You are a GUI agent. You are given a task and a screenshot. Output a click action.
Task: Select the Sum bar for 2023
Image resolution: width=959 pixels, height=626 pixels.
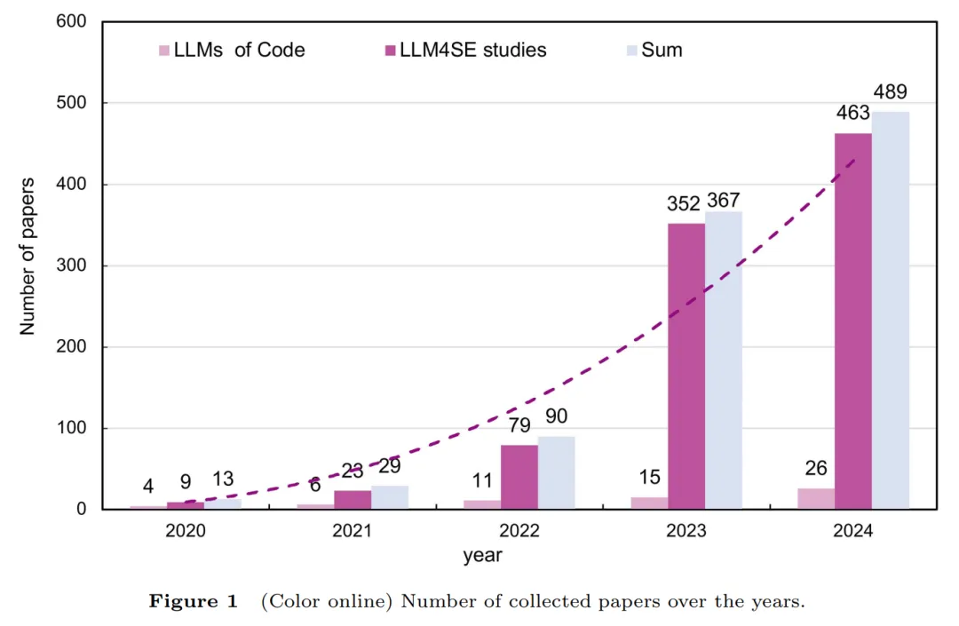(724, 361)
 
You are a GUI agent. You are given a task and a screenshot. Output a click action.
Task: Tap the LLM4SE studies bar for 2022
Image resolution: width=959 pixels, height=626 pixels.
(519, 477)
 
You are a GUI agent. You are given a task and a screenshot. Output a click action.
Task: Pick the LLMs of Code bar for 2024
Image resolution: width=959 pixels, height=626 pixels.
(816, 499)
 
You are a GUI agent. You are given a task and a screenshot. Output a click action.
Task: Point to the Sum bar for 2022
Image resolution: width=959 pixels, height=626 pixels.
(557, 472)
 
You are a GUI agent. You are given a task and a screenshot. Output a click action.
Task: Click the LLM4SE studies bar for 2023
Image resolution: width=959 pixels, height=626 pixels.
(686, 366)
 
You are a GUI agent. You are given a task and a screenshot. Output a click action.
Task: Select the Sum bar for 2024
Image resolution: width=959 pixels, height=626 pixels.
(890, 311)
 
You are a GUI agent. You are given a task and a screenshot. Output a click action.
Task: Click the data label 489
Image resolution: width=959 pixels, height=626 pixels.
(890, 92)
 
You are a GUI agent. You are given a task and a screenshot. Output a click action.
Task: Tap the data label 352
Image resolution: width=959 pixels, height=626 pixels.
(685, 203)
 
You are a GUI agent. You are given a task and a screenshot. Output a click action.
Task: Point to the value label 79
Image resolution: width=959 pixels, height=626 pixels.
(519, 425)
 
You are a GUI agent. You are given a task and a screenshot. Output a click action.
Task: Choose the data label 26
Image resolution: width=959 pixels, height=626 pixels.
(816, 468)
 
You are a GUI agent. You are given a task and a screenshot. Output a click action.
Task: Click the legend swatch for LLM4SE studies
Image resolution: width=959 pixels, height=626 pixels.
(390, 51)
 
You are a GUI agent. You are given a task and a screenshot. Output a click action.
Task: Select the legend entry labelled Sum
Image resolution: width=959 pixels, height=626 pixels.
(662, 50)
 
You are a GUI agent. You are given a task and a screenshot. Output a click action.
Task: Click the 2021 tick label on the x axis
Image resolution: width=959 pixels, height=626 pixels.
(353, 531)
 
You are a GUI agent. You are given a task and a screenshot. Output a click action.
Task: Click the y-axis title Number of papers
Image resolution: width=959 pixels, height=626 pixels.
(28, 257)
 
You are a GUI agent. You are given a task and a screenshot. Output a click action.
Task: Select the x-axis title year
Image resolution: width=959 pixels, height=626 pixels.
(482, 557)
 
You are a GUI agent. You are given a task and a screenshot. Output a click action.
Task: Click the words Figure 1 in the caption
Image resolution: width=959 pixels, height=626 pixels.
(194, 601)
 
